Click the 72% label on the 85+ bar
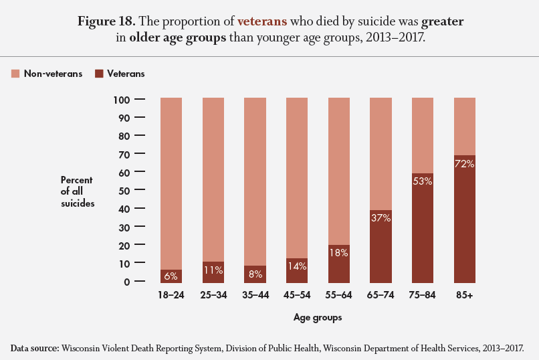click(x=464, y=164)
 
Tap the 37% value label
click(x=381, y=217)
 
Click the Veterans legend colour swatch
click(x=98, y=74)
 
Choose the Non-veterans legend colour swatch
click(x=15, y=74)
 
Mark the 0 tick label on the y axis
click(x=126, y=282)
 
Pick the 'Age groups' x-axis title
click(x=318, y=318)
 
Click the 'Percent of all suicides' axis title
click(x=77, y=191)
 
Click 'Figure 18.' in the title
click(x=107, y=21)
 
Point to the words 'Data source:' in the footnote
click(x=35, y=348)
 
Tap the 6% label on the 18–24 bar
click(x=171, y=275)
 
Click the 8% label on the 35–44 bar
click(x=255, y=273)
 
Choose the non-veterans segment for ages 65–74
click(x=381, y=154)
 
